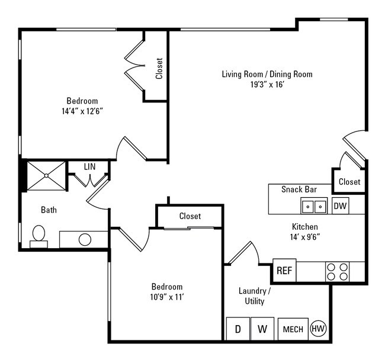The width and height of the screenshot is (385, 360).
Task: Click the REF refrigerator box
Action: [284, 271]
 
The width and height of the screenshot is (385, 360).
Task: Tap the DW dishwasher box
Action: [340, 206]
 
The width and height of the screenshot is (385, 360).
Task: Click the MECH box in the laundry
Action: [293, 329]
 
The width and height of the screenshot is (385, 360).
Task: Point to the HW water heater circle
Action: [319, 328]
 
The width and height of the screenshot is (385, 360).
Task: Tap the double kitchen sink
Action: [314, 206]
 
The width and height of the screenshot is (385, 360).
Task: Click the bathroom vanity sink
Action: [85, 239]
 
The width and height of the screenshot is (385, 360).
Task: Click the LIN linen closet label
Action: [89, 167]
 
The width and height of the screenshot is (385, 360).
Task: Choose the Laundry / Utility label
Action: [255, 296]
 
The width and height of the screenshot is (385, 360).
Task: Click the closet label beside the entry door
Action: [349, 182]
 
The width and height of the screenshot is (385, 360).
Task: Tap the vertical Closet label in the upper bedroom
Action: [159, 68]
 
